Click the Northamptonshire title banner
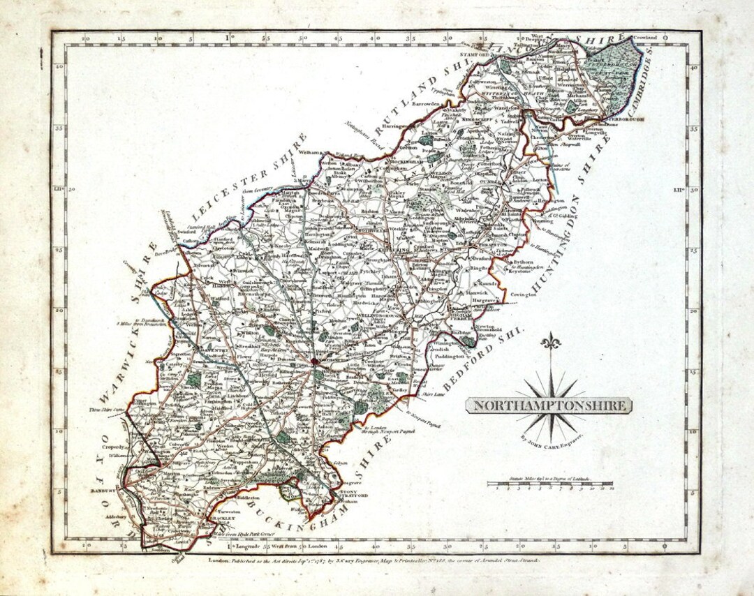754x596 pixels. (549, 405)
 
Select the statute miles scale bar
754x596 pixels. (550, 483)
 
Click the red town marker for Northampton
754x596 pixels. (316, 362)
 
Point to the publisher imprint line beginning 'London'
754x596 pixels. (377, 560)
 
